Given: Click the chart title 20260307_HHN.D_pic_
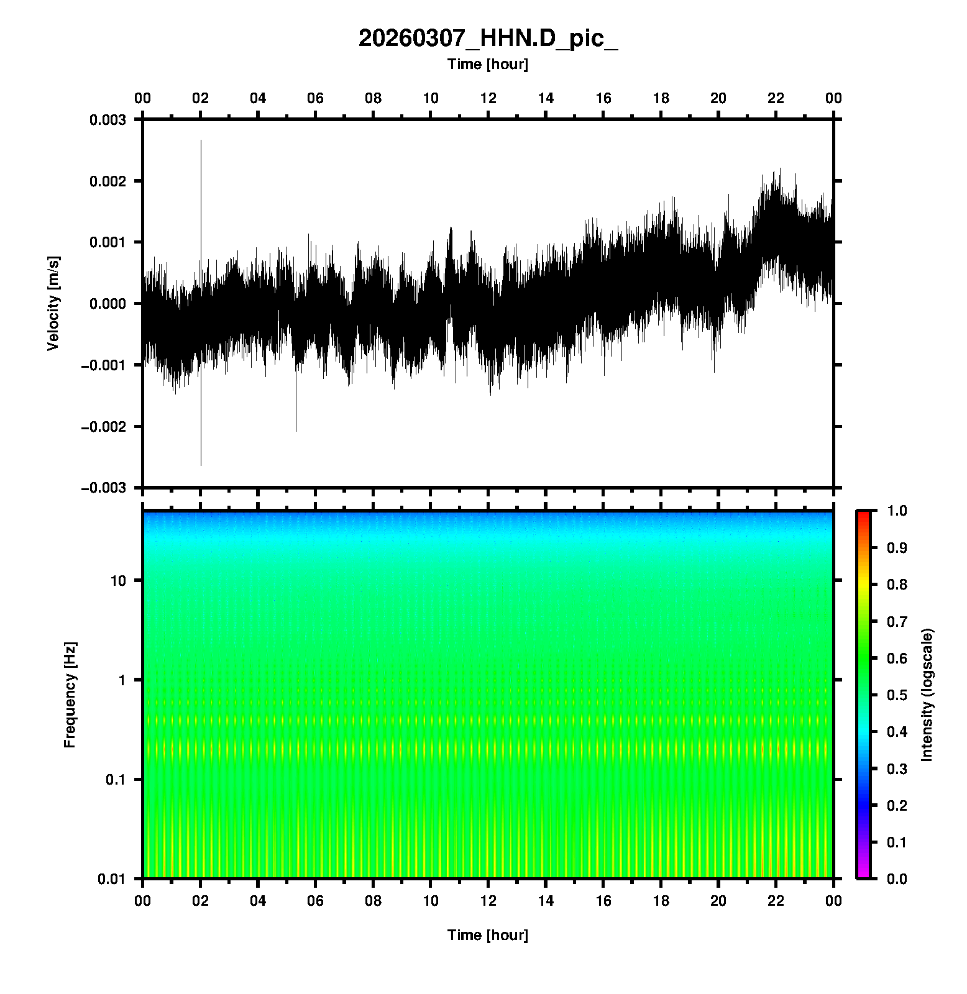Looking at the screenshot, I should click(x=488, y=39).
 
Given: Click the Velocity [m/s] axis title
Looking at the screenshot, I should click(x=53, y=303).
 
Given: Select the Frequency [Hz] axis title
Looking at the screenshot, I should click(x=70, y=695).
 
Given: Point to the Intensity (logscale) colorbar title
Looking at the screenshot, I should click(x=927, y=695).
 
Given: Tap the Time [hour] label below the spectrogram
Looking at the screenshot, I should click(x=488, y=935).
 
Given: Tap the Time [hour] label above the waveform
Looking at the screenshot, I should click(x=488, y=64).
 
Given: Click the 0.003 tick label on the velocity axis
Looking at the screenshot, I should click(x=108, y=120).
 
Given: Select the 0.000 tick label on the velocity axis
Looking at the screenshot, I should click(x=108, y=304).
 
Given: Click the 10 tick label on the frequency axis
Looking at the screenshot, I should click(x=118, y=581).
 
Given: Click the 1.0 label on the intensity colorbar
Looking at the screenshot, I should click(x=898, y=511).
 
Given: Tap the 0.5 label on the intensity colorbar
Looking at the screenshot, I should click(x=898, y=695).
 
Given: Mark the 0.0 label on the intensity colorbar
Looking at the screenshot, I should click(x=898, y=879).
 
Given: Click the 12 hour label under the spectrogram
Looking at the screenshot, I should click(x=488, y=901).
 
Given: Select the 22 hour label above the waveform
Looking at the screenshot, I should click(x=776, y=98).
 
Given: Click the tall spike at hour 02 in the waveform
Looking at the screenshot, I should click(x=201, y=186).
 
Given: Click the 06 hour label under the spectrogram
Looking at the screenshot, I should click(x=316, y=901).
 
